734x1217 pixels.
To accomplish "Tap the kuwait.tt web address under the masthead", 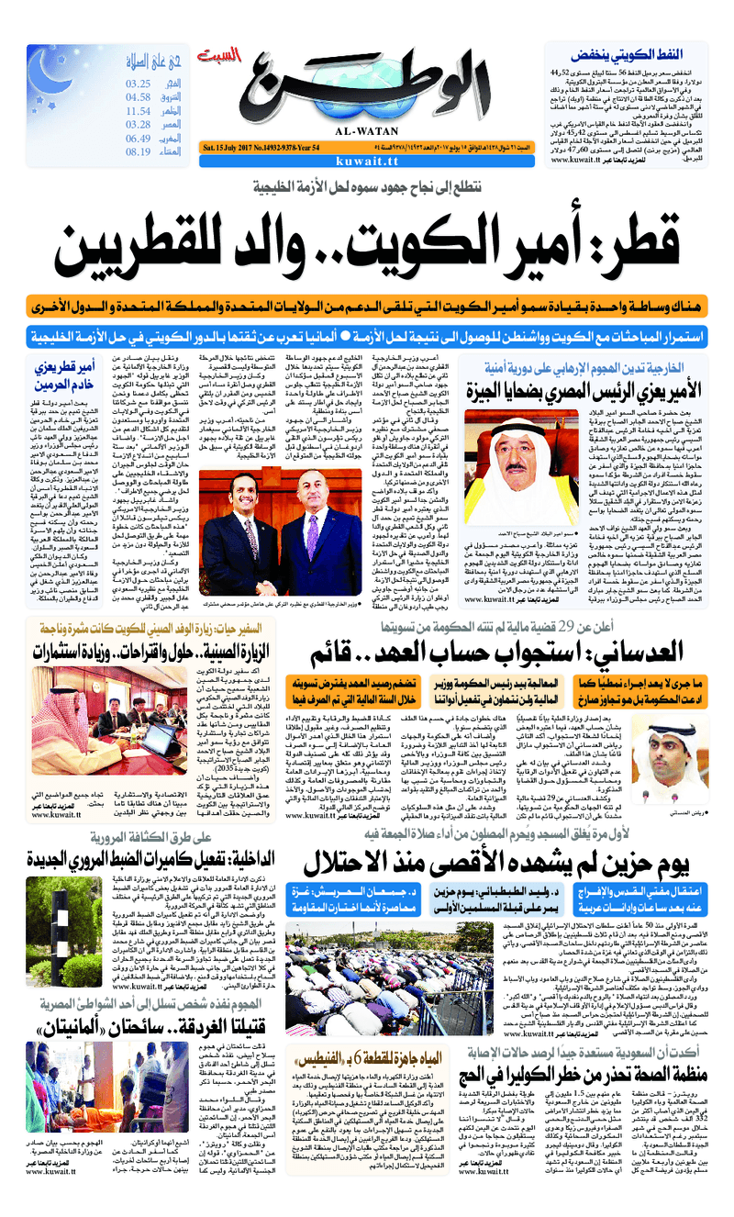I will coord(365,160).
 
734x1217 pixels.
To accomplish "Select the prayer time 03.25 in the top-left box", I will coord(138,84).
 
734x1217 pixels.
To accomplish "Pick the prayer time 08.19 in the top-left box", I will coord(138,151).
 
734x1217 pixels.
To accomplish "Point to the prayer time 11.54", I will coord(138,111).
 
